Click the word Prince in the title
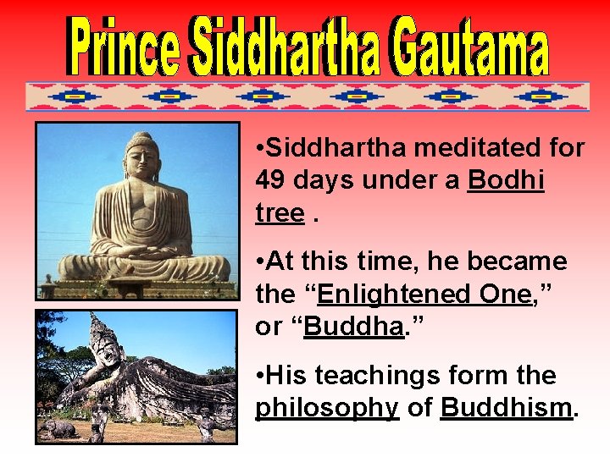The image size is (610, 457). pyautogui.click(x=125, y=49)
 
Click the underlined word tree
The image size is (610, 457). pyautogui.click(x=279, y=213)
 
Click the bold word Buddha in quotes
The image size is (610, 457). pyautogui.click(x=352, y=327)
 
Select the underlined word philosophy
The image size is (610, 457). pyautogui.click(x=327, y=408)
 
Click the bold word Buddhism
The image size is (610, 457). pyautogui.click(x=507, y=408)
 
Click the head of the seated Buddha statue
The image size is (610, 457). pyautogui.click(x=141, y=157)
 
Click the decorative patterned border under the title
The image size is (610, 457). pyautogui.click(x=307, y=96)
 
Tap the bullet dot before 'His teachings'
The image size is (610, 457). pyautogui.click(x=259, y=376)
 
